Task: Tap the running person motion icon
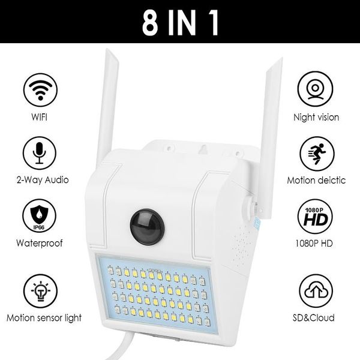(x=316, y=152)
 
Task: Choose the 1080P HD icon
(x=316, y=217)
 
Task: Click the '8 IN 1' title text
(x=180, y=22)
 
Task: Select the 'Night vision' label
(x=316, y=118)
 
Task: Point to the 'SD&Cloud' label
(x=316, y=317)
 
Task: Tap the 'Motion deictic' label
(x=316, y=179)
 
